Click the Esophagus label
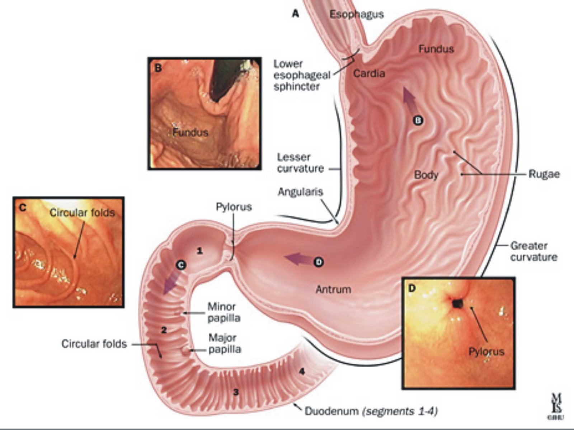click(x=357, y=14)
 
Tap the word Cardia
click(x=369, y=74)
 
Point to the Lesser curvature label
click(x=300, y=163)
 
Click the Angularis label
click(x=300, y=192)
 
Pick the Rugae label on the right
click(x=544, y=174)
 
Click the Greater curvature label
click(x=533, y=251)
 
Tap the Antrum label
click(x=333, y=289)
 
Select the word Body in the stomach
click(x=426, y=175)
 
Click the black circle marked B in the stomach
click(x=418, y=121)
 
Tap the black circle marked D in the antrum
click(x=319, y=262)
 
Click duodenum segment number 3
click(x=236, y=392)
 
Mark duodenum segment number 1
click(x=200, y=251)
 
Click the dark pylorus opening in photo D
click(x=457, y=304)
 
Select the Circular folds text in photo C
click(x=82, y=213)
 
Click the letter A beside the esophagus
click(x=295, y=14)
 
